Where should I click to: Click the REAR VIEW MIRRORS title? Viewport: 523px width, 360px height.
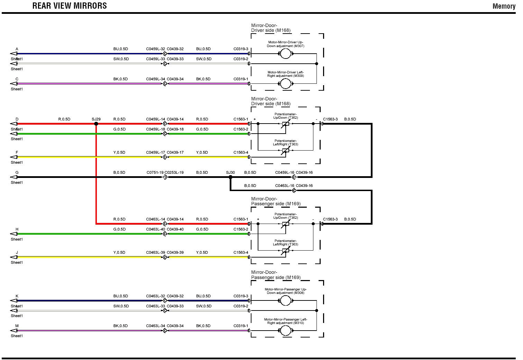(x=70, y=6)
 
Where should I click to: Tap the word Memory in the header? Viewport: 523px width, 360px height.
(x=504, y=6)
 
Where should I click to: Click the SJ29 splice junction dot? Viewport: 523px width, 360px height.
(x=96, y=124)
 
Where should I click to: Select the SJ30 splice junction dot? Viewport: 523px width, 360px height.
(x=230, y=177)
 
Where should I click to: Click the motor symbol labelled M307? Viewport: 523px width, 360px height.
(x=285, y=54)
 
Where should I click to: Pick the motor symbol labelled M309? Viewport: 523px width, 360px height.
(x=285, y=83)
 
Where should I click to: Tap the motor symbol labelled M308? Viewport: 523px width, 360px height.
(x=285, y=300)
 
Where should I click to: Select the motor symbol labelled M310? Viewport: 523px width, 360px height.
(x=285, y=331)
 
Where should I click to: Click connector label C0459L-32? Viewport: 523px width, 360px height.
(x=155, y=49)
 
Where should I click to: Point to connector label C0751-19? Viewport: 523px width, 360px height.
(x=155, y=172)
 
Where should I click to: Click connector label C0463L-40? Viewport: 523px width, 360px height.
(x=155, y=229)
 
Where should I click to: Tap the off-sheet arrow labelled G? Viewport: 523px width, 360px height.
(x=14, y=177)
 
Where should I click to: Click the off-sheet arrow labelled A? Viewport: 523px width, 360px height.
(x=14, y=54)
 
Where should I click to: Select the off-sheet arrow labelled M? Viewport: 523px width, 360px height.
(x=14, y=331)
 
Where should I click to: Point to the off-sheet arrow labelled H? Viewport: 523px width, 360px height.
(x=14, y=234)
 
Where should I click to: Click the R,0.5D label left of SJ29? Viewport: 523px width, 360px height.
(x=64, y=119)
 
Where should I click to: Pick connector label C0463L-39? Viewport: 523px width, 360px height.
(x=155, y=252)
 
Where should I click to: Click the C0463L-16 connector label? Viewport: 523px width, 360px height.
(x=285, y=186)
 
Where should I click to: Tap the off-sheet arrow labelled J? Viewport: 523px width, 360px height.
(x=14, y=257)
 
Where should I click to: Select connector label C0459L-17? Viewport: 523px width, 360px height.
(x=155, y=152)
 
